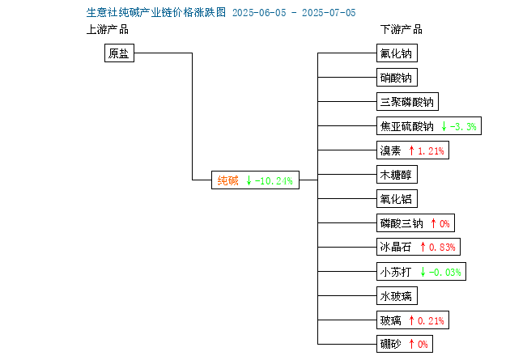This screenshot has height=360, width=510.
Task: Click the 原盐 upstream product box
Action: click(119, 53)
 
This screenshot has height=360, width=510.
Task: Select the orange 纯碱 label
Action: click(227, 180)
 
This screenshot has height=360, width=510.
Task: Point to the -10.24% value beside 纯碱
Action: click(274, 180)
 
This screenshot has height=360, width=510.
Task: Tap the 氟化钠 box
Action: click(397, 53)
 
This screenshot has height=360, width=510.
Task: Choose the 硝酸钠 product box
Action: click(397, 78)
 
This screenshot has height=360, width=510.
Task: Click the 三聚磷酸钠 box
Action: click(407, 102)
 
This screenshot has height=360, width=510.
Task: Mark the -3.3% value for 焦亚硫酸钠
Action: click(463, 126)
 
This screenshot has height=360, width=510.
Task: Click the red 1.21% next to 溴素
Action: click(431, 150)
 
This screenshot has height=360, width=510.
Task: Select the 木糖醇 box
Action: click(397, 175)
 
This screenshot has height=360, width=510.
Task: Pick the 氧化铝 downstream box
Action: click(397, 198)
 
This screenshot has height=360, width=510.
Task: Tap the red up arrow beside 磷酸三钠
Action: click(433, 223)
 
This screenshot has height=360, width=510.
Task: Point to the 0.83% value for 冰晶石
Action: click(442, 248)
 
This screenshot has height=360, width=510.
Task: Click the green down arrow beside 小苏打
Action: click(423, 272)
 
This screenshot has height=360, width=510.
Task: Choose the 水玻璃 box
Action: click(397, 295)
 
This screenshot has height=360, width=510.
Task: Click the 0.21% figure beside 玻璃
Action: click(431, 320)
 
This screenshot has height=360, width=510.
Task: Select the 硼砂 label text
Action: click(391, 344)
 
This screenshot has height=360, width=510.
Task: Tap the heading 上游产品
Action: click(108, 29)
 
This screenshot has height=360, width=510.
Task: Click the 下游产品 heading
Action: click(402, 29)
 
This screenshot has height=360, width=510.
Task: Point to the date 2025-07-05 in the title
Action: click(329, 13)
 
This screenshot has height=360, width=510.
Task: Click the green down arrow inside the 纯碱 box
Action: click(249, 180)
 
